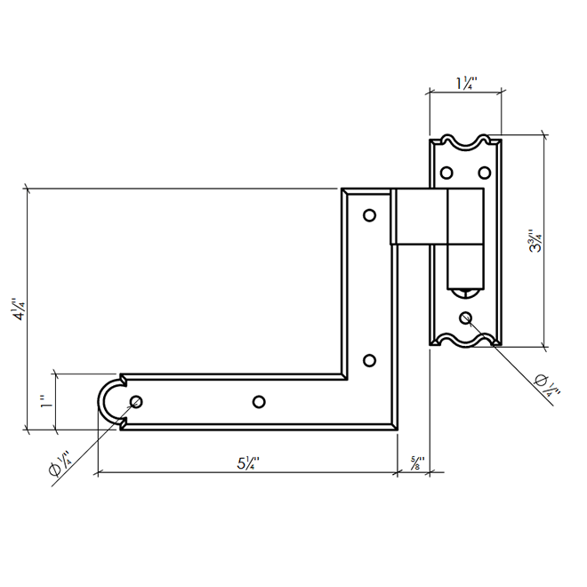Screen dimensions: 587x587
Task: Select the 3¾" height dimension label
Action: tap(535, 241)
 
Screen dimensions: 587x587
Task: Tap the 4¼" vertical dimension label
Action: tap(17, 311)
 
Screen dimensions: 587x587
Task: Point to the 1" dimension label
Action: tap(44, 402)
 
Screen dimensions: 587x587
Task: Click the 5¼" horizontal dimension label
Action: tap(246, 462)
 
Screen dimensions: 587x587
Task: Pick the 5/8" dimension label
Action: tap(415, 462)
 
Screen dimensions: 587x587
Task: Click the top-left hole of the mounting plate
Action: tap(447, 171)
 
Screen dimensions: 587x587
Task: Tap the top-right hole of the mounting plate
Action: tap(485, 171)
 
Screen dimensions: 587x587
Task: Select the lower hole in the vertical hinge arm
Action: tap(370, 360)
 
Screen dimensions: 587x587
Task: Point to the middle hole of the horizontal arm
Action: tap(259, 402)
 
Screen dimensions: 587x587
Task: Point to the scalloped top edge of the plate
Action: tap(466, 141)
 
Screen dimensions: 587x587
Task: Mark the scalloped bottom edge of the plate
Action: tap(466, 341)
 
